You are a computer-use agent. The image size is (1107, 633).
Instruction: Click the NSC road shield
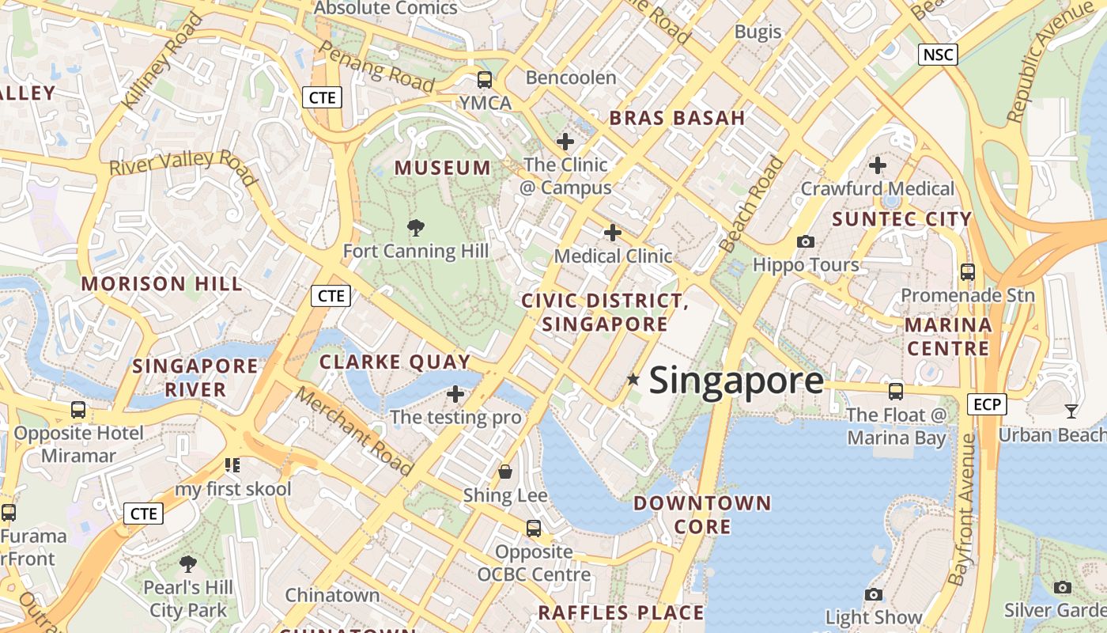point(938,55)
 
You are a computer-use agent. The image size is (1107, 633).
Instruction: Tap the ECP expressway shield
point(987,404)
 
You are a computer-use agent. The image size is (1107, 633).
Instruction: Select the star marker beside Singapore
point(633,380)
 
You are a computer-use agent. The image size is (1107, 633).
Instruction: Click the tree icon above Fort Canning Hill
point(415,228)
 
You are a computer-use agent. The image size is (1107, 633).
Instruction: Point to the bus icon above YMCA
point(484,80)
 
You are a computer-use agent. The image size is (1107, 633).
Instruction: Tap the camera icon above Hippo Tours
point(806,241)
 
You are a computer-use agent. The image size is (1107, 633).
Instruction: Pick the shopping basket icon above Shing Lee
point(505,472)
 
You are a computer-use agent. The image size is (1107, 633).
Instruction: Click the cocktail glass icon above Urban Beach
point(1071,411)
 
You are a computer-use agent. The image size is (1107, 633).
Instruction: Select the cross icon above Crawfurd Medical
point(877,165)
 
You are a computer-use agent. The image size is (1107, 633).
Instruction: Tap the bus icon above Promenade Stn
point(967,272)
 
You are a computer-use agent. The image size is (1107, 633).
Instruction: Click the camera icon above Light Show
point(873,594)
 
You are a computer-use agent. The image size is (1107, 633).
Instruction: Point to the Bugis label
point(758,32)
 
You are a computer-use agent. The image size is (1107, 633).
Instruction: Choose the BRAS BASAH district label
point(677,119)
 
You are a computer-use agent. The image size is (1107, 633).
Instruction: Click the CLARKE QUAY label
point(395,362)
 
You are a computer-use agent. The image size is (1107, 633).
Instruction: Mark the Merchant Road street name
point(355,431)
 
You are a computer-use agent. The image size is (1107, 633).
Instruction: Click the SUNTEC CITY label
point(901,219)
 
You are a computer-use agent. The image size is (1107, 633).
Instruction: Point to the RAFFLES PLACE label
point(620,612)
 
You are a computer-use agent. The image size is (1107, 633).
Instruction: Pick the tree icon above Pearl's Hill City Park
point(187,564)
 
